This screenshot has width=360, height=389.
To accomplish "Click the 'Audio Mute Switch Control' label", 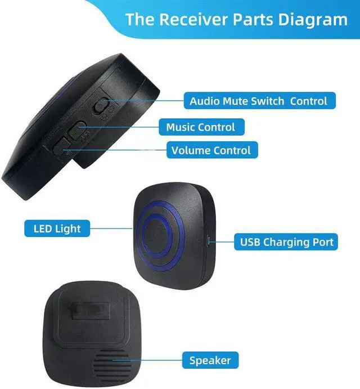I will (258, 101).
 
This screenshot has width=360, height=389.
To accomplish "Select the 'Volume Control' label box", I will (211, 150).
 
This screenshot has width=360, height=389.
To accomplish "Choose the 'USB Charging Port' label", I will (287, 243).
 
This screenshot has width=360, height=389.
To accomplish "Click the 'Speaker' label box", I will (209, 360).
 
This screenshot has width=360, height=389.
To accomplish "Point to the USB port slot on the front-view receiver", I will (209, 242).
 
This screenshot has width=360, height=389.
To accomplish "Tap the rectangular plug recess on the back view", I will (90, 310).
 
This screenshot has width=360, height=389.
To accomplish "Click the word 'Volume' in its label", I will (188, 150).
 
